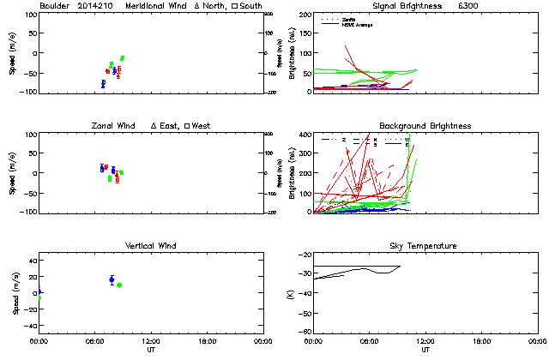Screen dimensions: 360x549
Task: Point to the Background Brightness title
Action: [x=425, y=126]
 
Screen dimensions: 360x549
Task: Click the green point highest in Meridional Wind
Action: [x=123, y=57]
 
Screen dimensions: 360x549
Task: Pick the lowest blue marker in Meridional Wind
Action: [x=103, y=83]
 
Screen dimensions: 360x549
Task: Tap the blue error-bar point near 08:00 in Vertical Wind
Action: [x=112, y=279]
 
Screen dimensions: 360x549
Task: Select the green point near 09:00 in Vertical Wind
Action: [x=119, y=285]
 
